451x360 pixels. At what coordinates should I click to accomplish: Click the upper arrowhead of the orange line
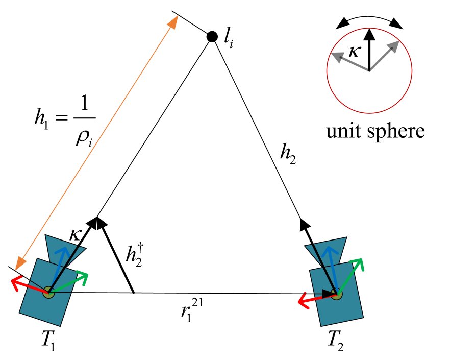point(173,22)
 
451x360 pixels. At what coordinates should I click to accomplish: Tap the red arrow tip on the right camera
point(300,302)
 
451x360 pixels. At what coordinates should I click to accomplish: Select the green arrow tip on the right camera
point(361,260)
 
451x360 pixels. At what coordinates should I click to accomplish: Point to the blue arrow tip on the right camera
point(329,249)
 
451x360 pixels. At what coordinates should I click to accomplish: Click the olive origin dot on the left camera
point(48,293)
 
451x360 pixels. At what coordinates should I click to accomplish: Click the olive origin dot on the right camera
point(336,294)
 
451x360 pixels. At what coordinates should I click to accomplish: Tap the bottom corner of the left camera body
point(60,325)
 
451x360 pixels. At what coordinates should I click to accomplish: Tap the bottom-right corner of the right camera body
point(362,317)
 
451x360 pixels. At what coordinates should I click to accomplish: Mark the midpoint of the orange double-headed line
point(97,142)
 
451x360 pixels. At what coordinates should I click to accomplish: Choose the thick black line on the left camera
point(64,268)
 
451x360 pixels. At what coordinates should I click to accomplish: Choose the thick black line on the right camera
point(325,269)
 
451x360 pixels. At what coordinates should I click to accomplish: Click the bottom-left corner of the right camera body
point(321,325)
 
